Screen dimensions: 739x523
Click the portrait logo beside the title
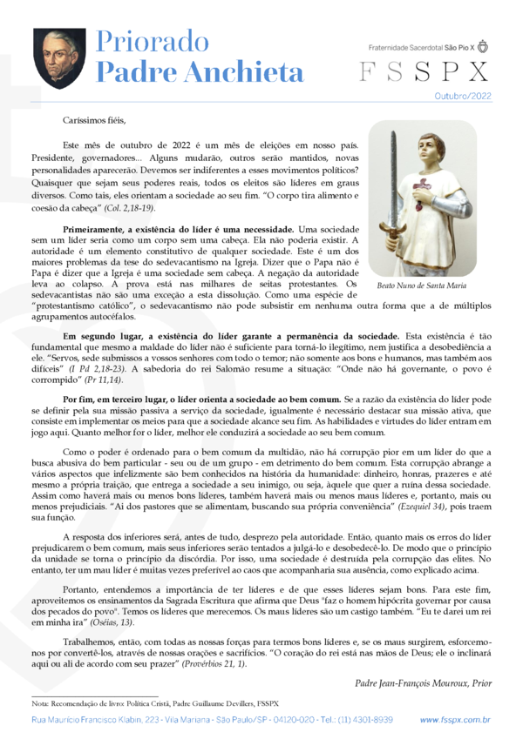click(x=59, y=57)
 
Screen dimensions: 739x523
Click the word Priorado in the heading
click(x=149, y=42)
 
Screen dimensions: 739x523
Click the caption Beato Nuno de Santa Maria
click(x=422, y=285)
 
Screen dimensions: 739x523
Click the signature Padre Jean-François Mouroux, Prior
click(x=423, y=683)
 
